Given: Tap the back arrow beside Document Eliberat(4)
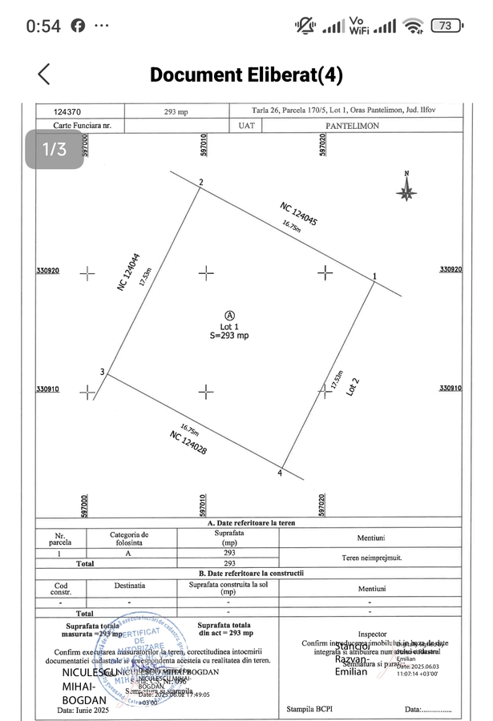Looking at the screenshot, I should [x=44, y=75].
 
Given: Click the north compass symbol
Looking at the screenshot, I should [x=406, y=187].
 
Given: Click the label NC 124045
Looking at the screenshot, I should [x=299, y=215].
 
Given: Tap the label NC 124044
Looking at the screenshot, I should [x=128, y=272].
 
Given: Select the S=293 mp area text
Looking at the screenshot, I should [x=230, y=336].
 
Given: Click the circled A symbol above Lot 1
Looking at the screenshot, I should [x=230, y=316].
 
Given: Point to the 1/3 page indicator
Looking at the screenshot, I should [x=55, y=149].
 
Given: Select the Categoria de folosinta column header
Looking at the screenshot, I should [x=130, y=538].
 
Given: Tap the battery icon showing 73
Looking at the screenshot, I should [x=447, y=26].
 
